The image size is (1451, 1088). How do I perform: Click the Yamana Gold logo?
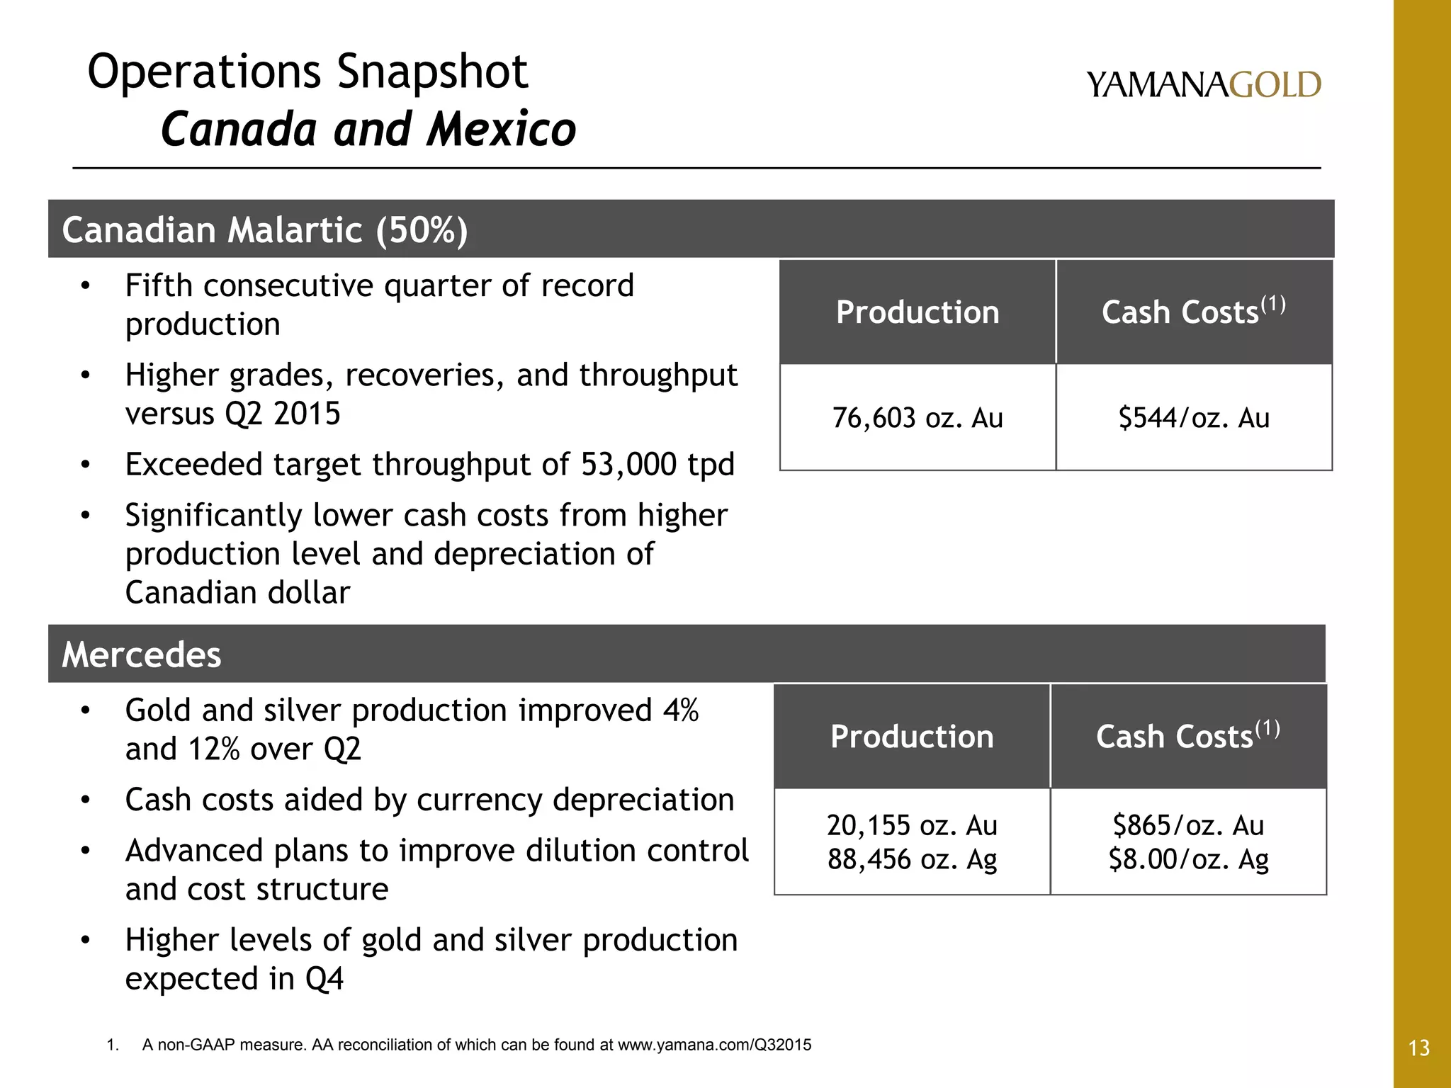(x=1203, y=85)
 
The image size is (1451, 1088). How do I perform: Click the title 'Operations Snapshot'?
(x=307, y=72)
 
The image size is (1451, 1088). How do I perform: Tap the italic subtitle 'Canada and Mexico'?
(x=368, y=130)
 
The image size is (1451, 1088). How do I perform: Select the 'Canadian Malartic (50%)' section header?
(x=265, y=230)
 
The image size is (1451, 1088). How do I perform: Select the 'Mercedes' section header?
(x=142, y=654)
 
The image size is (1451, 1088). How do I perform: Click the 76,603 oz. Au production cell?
(x=918, y=418)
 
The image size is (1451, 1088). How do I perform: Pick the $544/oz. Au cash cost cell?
(x=1194, y=418)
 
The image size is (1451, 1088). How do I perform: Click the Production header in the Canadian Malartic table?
(x=918, y=312)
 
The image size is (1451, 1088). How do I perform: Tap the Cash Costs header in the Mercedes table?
(x=1188, y=736)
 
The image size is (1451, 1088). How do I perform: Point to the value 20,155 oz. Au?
(x=912, y=825)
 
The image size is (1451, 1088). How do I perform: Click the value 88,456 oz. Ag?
(x=912, y=859)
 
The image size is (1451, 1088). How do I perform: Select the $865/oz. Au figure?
(x=1188, y=825)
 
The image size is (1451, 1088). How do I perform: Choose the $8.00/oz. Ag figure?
(x=1188, y=859)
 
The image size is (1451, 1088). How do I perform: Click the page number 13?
(x=1419, y=1048)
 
